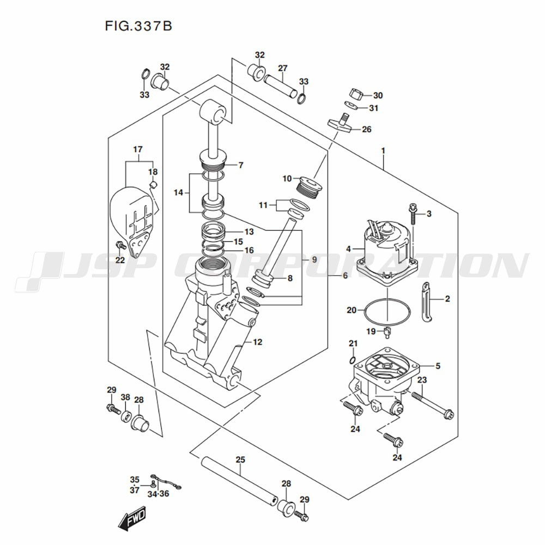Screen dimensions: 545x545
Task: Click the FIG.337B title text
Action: [x=138, y=26]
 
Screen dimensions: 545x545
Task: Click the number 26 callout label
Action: [x=367, y=129]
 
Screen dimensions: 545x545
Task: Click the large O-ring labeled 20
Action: [x=387, y=311]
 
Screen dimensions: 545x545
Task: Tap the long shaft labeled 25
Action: [x=240, y=482]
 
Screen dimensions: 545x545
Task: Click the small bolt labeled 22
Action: [x=120, y=245]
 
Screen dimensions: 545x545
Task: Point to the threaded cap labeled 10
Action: [x=311, y=187]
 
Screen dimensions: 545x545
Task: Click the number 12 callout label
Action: [x=258, y=342]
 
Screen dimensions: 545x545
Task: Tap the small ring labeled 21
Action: [x=353, y=359]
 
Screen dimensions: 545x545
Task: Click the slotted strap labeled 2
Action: [x=426, y=302]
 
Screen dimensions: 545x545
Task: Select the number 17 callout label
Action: [x=138, y=149]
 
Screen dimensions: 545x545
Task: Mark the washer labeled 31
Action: [x=350, y=105]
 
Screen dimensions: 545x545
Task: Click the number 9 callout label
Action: [x=314, y=259]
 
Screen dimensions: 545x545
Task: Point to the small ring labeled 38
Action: [x=126, y=416]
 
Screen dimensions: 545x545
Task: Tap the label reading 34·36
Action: [x=158, y=494]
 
